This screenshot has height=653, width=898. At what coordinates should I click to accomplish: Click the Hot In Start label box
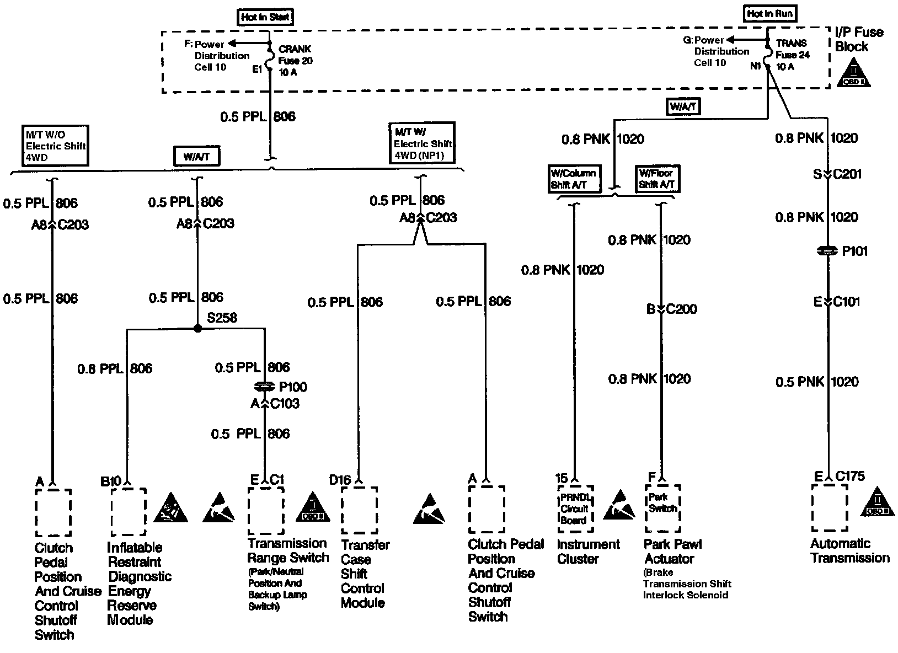[x=265, y=17]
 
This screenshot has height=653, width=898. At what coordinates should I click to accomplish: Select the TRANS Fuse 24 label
[x=792, y=55]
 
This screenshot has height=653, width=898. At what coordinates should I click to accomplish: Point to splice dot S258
[x=197, y=328]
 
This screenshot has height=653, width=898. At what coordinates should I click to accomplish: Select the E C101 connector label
[x=837, y=302]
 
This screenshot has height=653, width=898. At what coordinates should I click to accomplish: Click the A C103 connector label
[x=275, y=404]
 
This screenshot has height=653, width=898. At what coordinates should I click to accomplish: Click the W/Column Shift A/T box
[x=573, y=179]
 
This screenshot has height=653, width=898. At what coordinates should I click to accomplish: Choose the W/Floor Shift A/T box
[x=656, y=179]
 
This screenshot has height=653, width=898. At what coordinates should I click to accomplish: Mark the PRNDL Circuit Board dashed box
[x=575, y=509]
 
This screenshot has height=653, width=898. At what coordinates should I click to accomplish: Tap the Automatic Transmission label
[x=849, y=551]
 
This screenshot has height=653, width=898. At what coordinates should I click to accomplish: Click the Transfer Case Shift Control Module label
[x=365, y=574]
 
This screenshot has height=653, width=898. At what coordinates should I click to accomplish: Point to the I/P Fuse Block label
[x=858, y=39]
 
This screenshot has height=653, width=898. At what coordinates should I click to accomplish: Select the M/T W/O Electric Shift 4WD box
[x=56, y=146]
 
